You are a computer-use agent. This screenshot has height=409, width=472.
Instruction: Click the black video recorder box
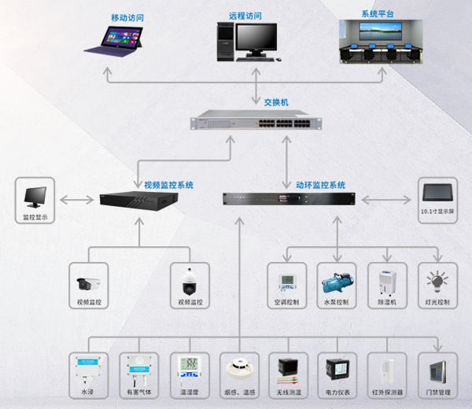click(x=139, y=199)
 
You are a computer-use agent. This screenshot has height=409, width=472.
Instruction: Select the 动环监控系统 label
click(x=320, y=185)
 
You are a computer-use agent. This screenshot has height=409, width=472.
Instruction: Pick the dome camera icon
click(x=190, y=280)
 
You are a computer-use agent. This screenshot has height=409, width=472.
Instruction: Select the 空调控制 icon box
click(x=286, y=282)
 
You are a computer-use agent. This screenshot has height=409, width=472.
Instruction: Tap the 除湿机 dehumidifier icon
click(x=388, y=282)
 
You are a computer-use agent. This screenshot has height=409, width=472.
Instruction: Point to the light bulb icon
click(x=437, y=281)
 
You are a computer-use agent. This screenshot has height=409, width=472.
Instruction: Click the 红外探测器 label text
click(x=387, y=391)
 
